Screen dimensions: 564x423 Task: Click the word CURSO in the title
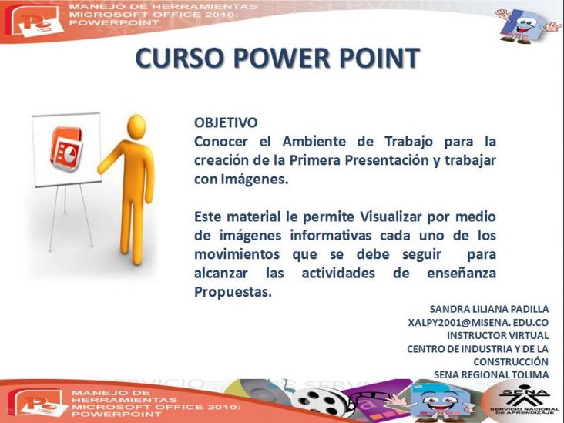coord(179,58)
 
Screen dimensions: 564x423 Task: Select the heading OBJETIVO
coord(226,123)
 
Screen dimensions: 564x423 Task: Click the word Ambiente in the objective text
coord(314,141)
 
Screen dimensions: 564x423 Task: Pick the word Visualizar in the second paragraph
coord(391,217)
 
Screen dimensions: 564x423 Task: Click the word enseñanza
coord(462,273)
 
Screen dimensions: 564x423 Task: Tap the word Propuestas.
coord(233,292)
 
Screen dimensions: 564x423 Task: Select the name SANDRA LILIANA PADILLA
coord(489,309)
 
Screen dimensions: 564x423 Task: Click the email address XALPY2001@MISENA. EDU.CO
coord(478,322)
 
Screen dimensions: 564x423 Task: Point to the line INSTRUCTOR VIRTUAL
coord(498,335)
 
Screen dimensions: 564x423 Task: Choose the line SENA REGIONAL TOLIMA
coord(492,374)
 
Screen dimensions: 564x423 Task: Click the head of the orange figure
coord(136,126)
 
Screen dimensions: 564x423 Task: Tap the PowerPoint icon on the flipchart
coord(67,149)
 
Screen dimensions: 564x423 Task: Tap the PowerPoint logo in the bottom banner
coord(38,404)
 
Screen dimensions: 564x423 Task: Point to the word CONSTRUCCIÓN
coord(511,361)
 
